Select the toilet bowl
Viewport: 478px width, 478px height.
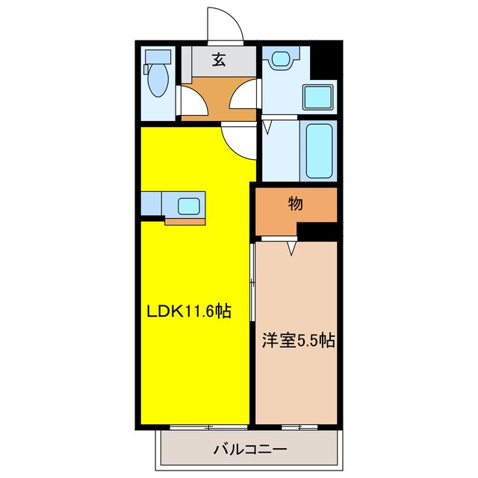[x=158, y=81]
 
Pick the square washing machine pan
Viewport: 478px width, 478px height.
[x=317, y=99]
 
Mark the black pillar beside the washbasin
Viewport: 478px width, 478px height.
[x=323, y=60]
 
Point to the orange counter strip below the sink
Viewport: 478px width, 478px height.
[x=184, y=220]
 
